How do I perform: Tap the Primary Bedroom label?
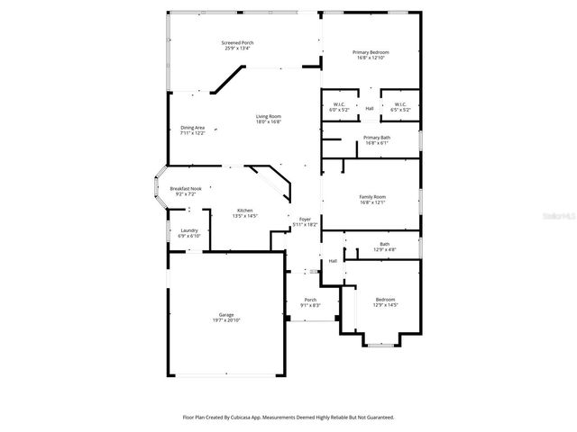click(x=372, y=52)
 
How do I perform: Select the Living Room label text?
click(x=269, y=116)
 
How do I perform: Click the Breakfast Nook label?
click(x=186, y=188)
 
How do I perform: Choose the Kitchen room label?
click(x=245, y=211)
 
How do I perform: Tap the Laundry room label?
click(x=189, y=230)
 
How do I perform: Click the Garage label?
click(x=225, y=315)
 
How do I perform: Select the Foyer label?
click(x=306, y=218)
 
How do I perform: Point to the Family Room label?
click(x=372, y=197)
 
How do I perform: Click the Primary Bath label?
click(x=376, y=137)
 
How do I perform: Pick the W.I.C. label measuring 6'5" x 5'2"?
click(x=399, y=103)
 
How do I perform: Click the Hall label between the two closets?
click(x=370, y=108)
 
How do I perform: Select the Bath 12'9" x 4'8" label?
click(x=385, y=244)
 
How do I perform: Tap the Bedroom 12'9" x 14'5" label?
click(x=385, y=299)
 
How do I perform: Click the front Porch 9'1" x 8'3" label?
click(x=310, y=300)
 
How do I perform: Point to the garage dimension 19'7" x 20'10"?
click(x=226, y=320)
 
